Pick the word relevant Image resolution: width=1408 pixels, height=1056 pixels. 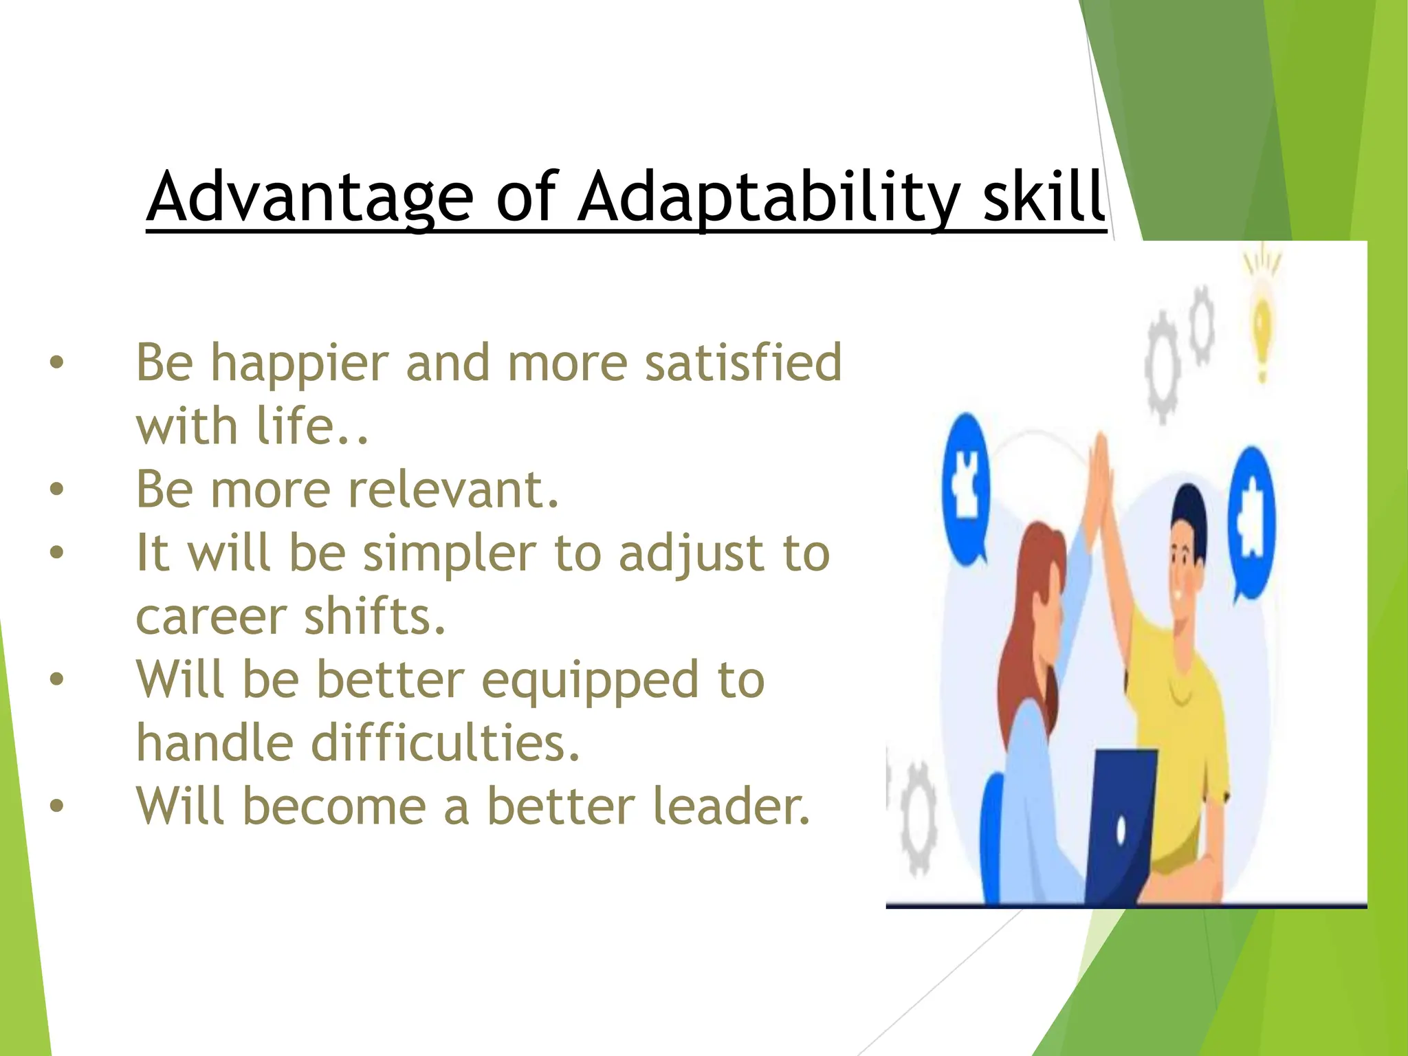click(x=454, y=489)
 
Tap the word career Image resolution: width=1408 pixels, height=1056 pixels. click(x=210, y=617)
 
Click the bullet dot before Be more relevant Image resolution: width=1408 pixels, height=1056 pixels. click(x=56, y=489)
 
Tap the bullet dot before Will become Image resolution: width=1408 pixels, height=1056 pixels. click(x=56, y=805)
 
